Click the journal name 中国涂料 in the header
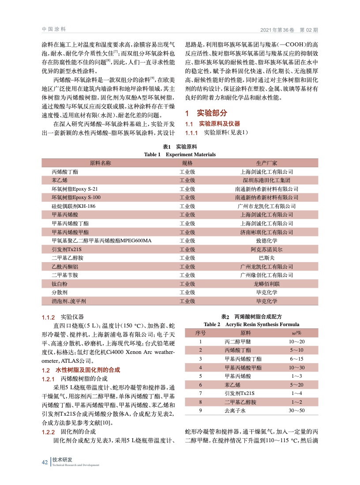point(54,29)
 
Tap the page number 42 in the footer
point(45,462)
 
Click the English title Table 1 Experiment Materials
point(180,154)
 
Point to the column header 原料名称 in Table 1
point(100,163)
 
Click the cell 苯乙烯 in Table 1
point(60,180)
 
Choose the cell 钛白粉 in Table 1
point(60,284)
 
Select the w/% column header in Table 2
point(296,333)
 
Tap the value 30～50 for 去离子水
point(296,411)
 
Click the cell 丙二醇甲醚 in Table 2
point(237,342)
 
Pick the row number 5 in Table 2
point(200,376)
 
